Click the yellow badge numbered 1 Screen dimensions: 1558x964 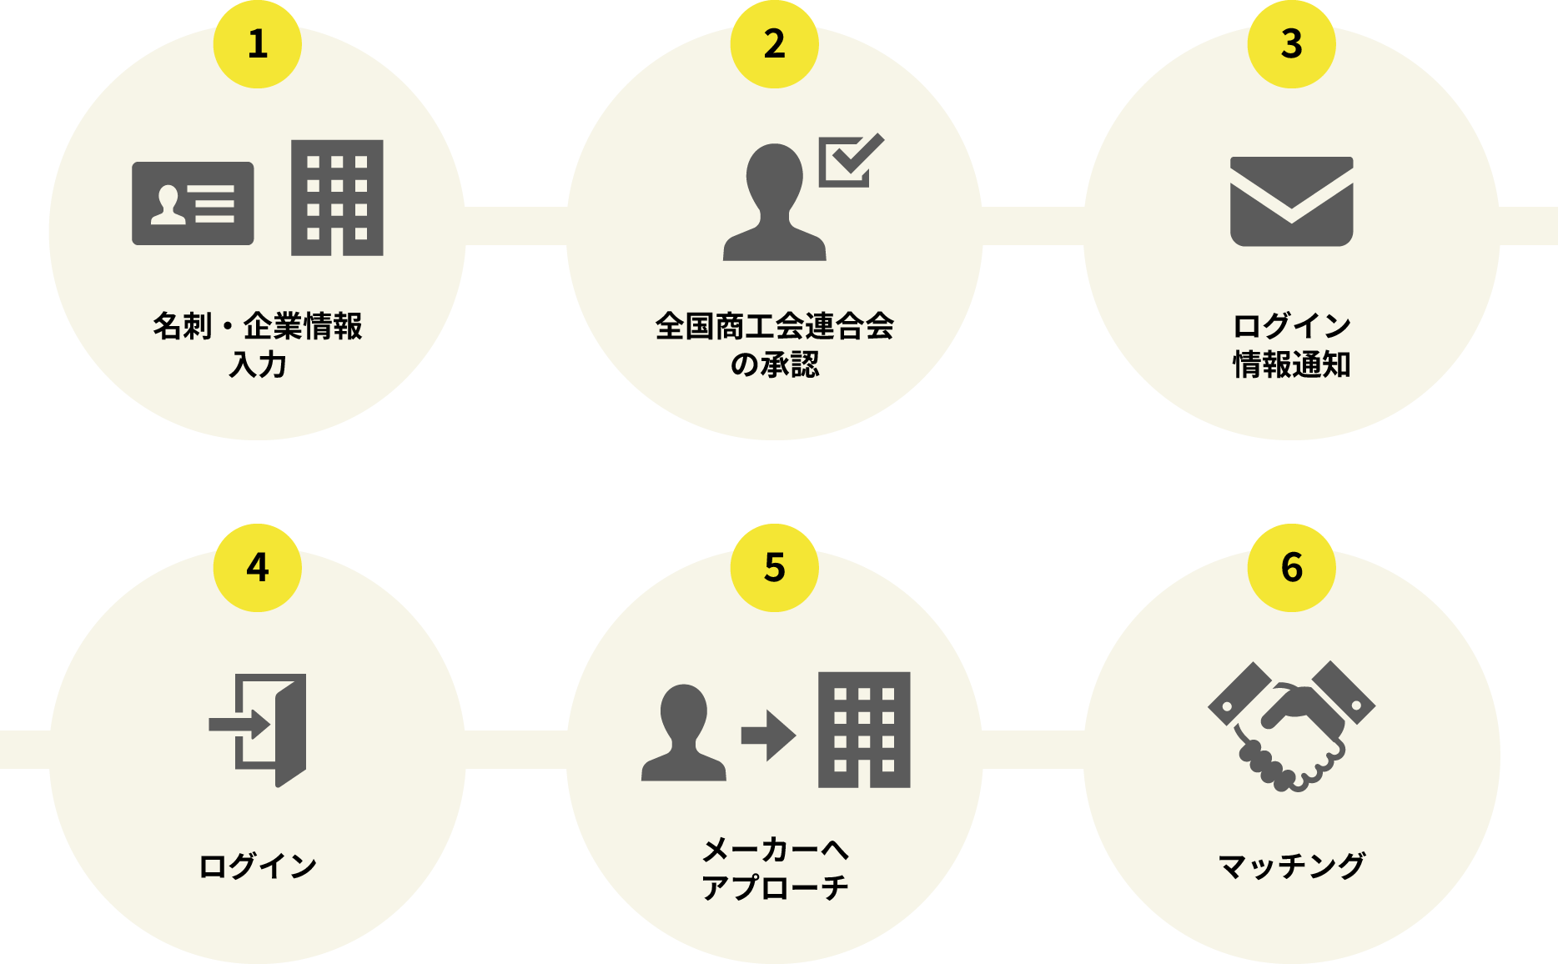coord(258,44)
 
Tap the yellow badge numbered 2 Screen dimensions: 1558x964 coord(775,44)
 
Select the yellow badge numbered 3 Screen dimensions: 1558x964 coord(1292,44)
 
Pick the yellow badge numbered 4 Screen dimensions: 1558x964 coord(258,568)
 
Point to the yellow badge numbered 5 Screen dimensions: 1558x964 coord(775,568)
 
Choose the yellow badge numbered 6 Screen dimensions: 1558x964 coord(1292,568)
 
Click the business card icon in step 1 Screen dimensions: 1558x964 coord(193,203)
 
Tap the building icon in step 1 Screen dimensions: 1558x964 coord(337,198)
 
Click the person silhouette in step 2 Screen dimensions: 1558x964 coord(775,203)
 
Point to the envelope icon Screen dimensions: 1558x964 coord(1292,202)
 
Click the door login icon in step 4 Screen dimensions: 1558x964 coord(258,730)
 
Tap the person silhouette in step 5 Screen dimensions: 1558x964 coord(684,733)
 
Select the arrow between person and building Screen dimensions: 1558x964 coord(769,736)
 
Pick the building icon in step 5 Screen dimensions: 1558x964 coord(864,730)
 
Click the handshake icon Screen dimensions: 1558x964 coord(1292,726)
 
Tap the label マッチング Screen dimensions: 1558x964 coord(1292,866)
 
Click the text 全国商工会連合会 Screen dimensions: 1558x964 coord(775,326)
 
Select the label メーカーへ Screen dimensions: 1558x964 coord(775,850)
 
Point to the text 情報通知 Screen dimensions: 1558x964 coord(1292,364)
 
